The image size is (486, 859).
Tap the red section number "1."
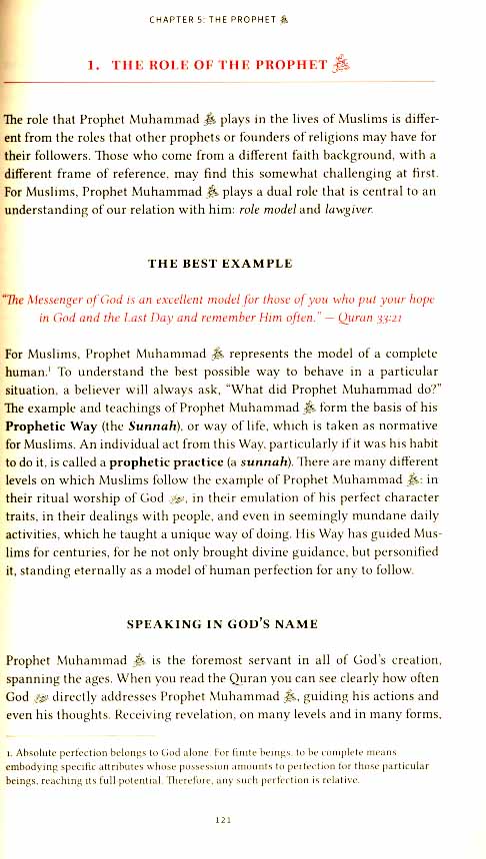(94, 68)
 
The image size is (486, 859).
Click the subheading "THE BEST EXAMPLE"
(220, 264)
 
